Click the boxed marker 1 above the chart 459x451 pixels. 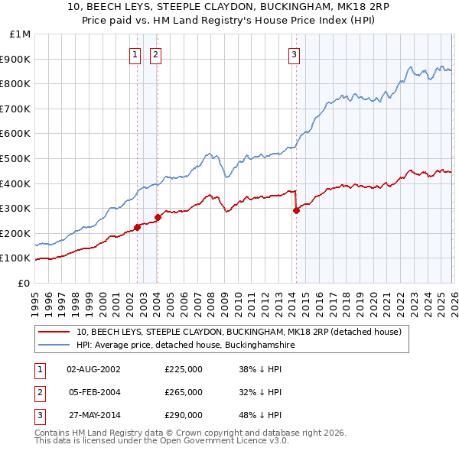[135, 54]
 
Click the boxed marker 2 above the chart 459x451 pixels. [155, 54]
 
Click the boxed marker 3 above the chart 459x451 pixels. [294, 54]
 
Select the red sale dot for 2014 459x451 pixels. [296, 211]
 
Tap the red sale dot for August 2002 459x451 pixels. [137, 227]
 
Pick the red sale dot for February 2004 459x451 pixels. [158, 217]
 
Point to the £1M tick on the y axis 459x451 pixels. [21, 34]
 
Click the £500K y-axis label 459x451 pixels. [17, 158]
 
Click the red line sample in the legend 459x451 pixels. [54, 333]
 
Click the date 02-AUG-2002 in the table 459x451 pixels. [94, 369]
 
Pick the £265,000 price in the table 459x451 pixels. [183, 392]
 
